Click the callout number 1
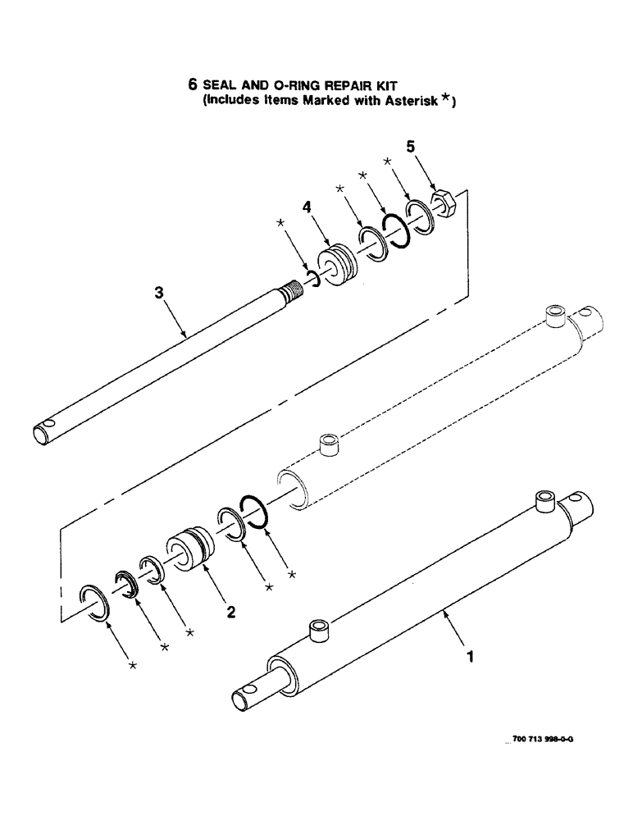(471, 656)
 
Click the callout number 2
(232, 610)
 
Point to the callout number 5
(412, 148)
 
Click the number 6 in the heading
(193, 84)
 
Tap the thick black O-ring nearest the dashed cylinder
(255, 512)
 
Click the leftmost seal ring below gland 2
(95, 605)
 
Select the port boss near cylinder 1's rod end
(316, 631)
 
